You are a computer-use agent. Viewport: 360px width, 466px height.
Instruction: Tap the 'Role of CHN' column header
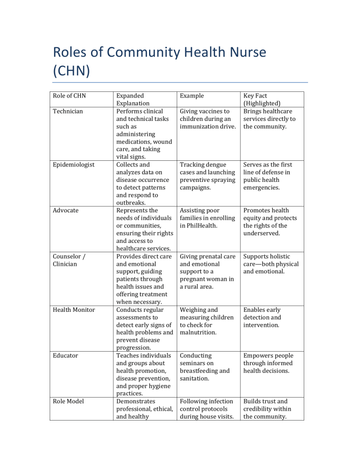click(69, 96)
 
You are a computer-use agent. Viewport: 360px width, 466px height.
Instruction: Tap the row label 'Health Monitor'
click(74, 310)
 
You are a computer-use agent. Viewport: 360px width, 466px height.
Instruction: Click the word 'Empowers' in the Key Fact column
click(262, 355)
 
